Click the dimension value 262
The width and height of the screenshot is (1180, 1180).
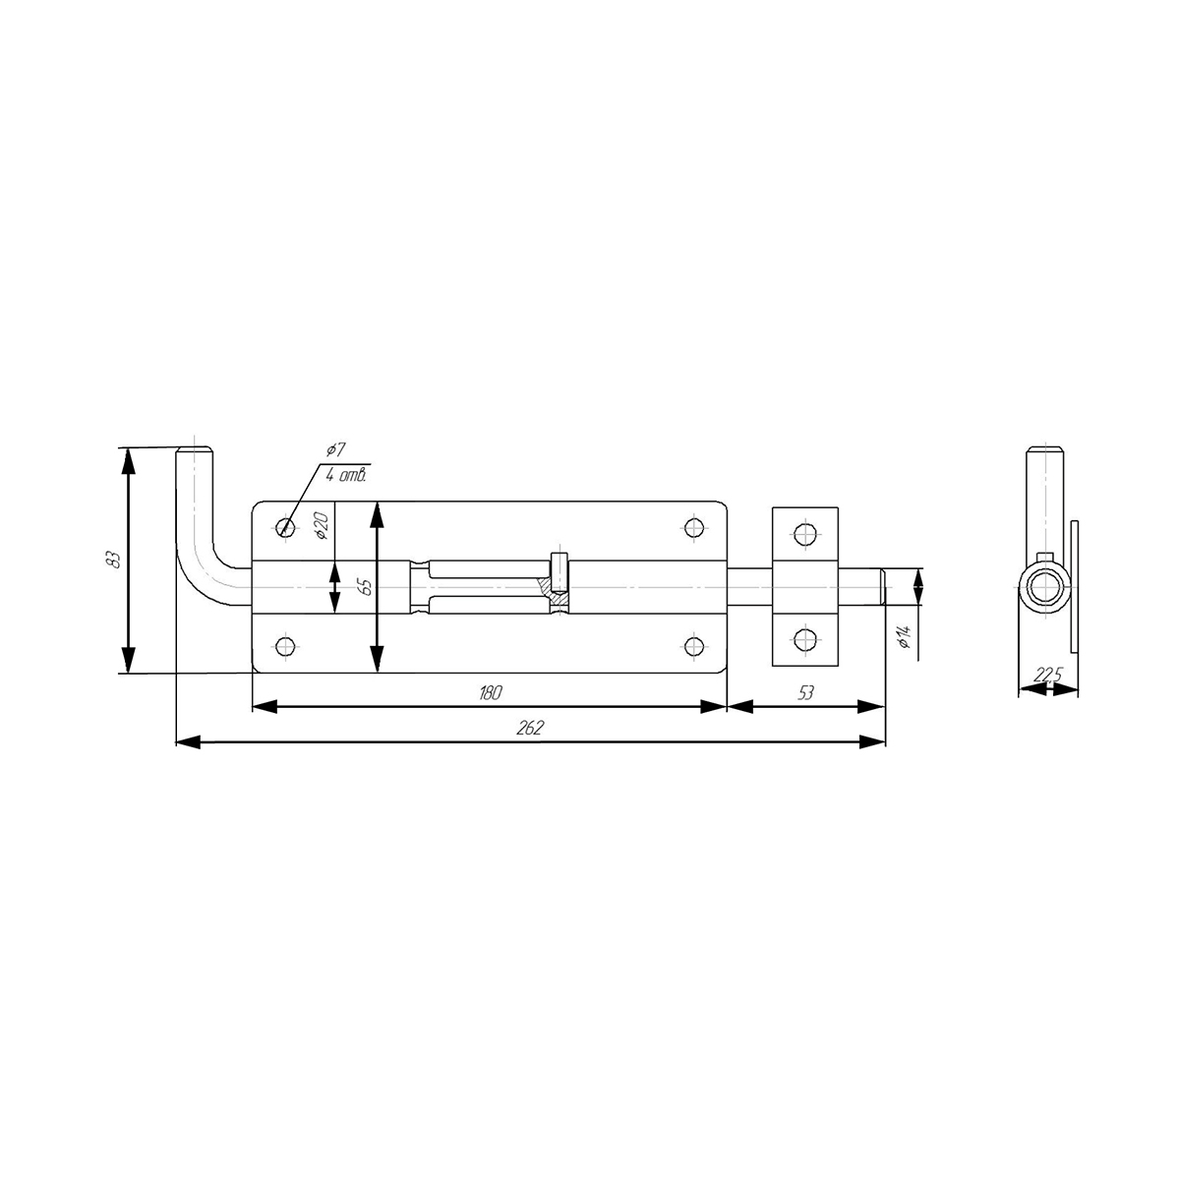click(530, 728)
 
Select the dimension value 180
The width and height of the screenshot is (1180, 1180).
click(490, 692)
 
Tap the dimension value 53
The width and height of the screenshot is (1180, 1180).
click(806, 692)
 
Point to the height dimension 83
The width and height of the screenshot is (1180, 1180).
click(112, 560)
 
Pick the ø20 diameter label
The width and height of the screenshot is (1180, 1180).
click(323, 526)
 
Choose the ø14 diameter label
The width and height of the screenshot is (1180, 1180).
click(907, 637)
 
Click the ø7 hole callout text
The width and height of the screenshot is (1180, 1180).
click(335, 450)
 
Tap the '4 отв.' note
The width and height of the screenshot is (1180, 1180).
click(346, 476)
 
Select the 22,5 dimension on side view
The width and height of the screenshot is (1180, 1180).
click(1047, 676)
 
